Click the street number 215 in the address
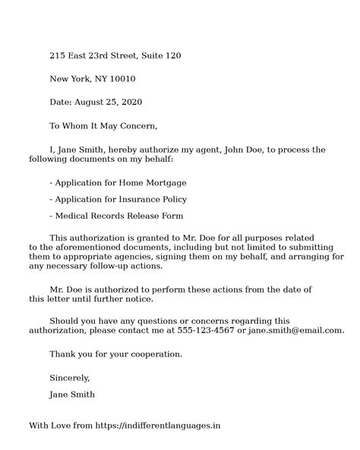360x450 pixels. pyautogui.click(x=58, y=56)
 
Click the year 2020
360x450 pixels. pyautogui.click(x=130, y=102)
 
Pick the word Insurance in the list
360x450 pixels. pyautogui.click(x=136, y=199)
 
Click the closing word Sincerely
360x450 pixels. pyautogui.click(x=69, y=378)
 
